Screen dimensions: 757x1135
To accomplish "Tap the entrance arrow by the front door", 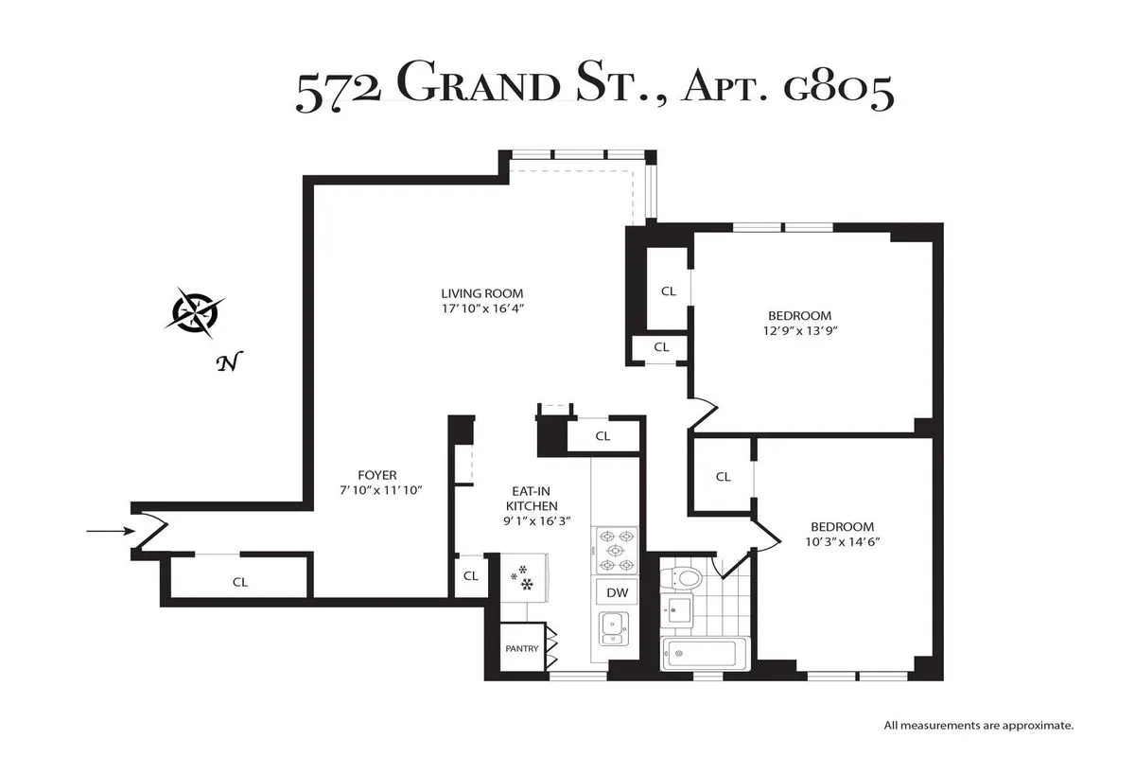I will pos(110,532).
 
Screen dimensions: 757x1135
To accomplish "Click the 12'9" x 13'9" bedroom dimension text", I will pos(799,331).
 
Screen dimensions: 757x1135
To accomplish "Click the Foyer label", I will pos(377,475).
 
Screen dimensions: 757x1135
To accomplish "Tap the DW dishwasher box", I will pos(617,592).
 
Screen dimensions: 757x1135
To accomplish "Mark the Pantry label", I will pos(521,649).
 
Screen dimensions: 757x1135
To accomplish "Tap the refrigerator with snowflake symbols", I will pos(522,577).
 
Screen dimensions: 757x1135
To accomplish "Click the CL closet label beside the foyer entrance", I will pos(240,582).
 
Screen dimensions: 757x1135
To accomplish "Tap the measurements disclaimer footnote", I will pos(978,726).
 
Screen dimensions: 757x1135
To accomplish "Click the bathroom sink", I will pos(677,608).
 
